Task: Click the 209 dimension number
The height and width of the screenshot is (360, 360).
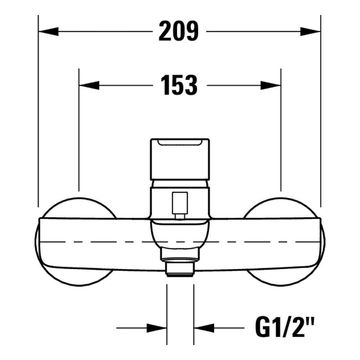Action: (179, 31)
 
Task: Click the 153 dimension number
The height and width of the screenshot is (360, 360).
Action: (179, 85)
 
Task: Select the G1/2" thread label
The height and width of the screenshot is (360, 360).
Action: (284, 328)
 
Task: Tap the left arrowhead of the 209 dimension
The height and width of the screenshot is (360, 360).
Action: (48, 32)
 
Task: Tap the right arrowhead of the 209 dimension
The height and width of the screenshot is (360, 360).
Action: (310, 32)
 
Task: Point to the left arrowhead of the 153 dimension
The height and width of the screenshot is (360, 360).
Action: (89, 86)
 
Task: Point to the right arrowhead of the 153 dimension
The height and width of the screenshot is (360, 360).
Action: (271, 86)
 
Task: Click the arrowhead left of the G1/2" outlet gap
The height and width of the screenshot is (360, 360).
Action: (156, 328)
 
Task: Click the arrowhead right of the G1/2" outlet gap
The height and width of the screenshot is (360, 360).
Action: (204, 328)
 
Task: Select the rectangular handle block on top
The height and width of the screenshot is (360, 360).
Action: (180, 159)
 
